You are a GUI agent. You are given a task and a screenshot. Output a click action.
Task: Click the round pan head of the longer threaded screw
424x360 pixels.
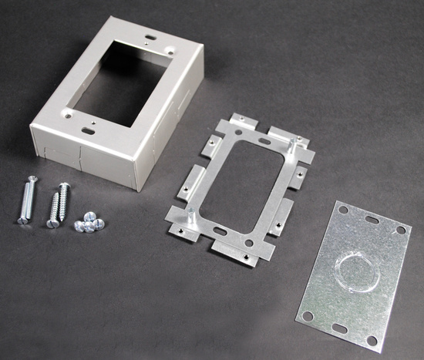[x=65, y=186]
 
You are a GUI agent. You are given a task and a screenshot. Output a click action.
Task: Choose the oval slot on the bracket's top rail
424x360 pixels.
[x=264, y=142]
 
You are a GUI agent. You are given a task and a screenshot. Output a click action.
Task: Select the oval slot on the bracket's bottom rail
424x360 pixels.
[x=219, y=229]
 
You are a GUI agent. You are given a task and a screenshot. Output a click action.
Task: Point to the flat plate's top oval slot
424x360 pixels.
[x=371, y=220]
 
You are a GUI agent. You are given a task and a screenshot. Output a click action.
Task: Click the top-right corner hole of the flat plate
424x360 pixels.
[x=400, y=230]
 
